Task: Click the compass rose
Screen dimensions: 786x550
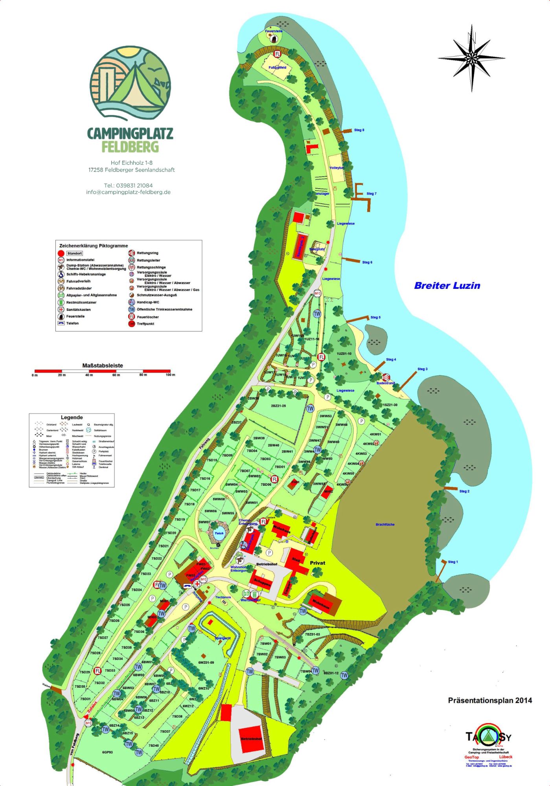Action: [x=471, y=58]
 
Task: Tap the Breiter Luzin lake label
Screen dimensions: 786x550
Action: [x=447, y=286]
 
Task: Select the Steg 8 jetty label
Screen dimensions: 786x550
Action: [x=359, y=130]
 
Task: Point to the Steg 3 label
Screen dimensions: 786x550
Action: [x=422, y=369]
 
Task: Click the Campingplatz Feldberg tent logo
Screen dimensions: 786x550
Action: [x=130, y=83]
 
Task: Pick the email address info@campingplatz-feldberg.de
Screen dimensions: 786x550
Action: [x=128, y=192]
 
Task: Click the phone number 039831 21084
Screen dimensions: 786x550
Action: [x=128, y=185]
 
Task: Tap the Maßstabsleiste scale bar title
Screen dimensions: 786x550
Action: [x=103, y=365]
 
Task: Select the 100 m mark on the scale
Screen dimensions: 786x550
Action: [x=170, y=375]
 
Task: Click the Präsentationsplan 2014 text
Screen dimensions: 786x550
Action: [x=490, y=700]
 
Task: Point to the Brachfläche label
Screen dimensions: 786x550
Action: [x=385, y=524]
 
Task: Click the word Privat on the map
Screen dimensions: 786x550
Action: [x=318, y=563]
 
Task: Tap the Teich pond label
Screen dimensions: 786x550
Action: [x=219, y=533]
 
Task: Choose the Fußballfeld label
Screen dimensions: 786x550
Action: [x=277, y=68]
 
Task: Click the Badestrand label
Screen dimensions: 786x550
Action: [x=385, y=383]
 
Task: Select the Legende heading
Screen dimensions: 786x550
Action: [x=72, y=417]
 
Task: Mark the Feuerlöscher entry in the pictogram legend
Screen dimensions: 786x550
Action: [x=148, y=317]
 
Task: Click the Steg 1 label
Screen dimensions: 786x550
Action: [x=453, y=562]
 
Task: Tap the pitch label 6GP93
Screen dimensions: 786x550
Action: [x=107, y=752]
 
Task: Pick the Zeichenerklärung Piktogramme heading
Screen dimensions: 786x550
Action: [x=94, y=246]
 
